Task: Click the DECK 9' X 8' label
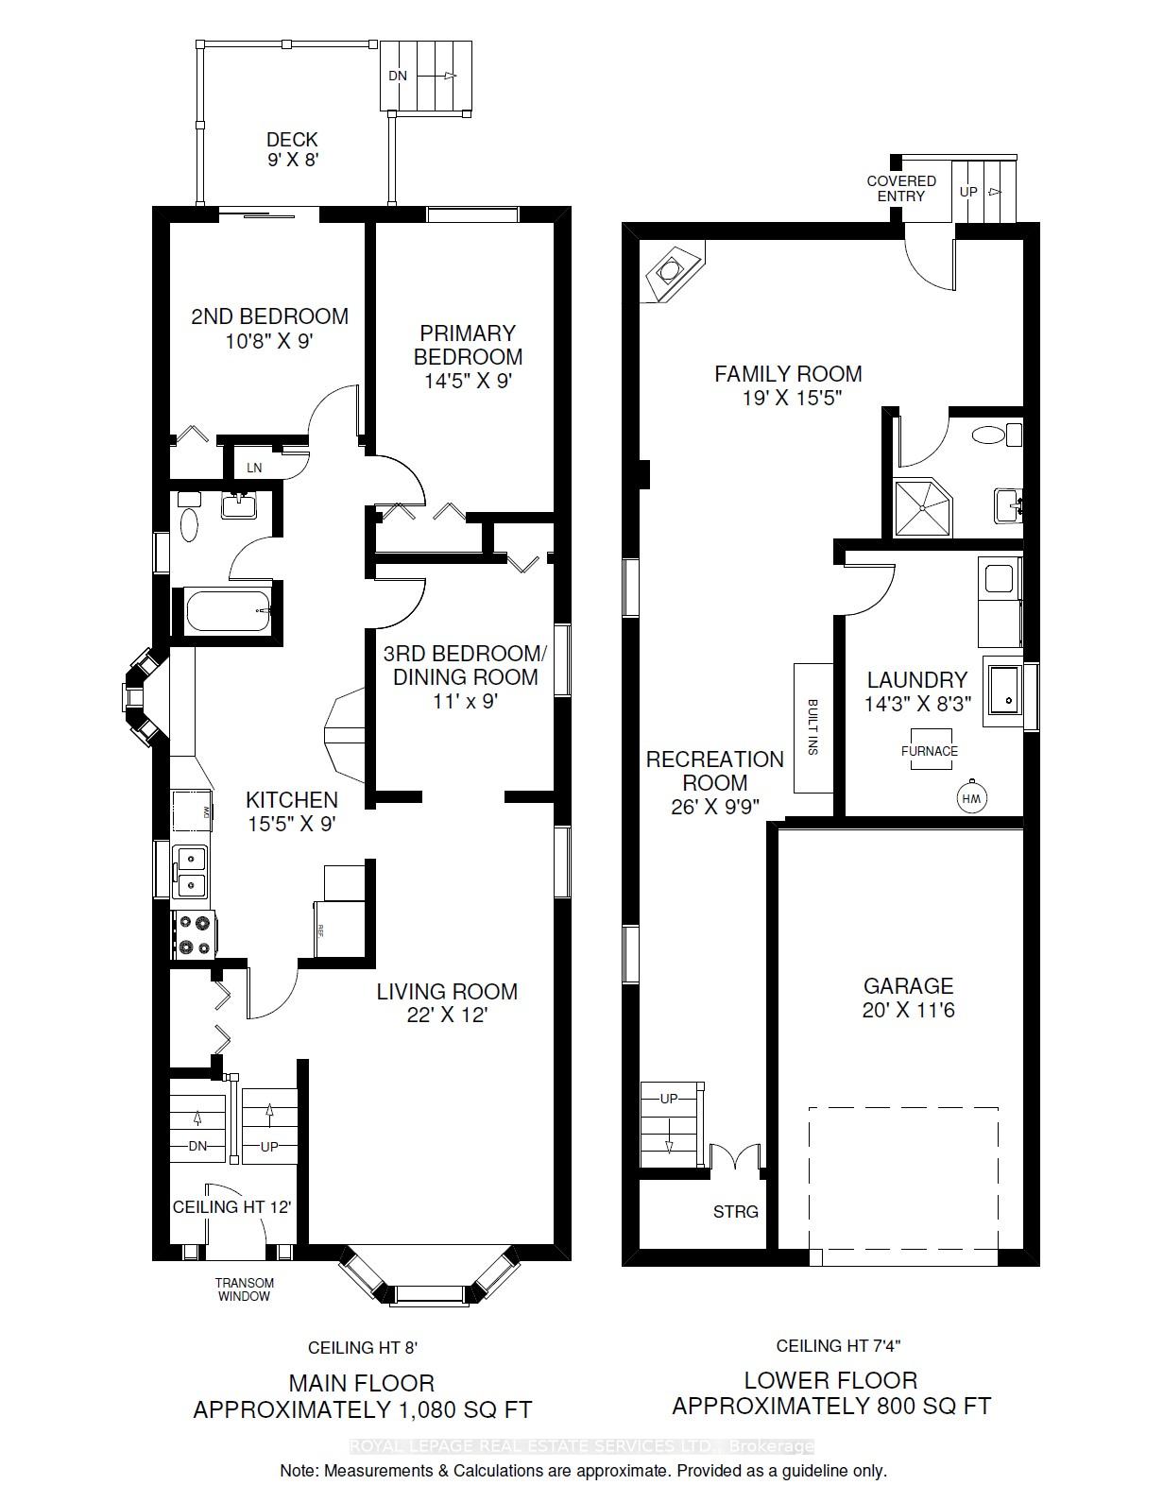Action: pos(292,149)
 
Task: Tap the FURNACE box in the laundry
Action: pos(930,750)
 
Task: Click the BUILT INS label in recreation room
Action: pos(812,726)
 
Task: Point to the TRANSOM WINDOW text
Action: pos(245,1289)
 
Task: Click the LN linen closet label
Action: pos(254,468)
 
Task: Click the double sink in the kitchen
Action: pos(192,871)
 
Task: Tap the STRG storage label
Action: pos(735,1211)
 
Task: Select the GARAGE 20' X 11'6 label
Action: pos(908,998)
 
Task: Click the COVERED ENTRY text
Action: pos(901,188)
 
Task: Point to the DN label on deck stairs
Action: pos(398,76)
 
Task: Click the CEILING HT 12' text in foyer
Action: pos(231,1206)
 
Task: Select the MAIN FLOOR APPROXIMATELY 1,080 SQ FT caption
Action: pos(362,1396)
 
